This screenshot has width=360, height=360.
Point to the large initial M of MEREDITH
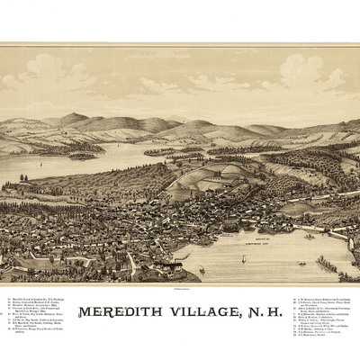[85, 313]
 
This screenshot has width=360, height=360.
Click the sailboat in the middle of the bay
[243, 258]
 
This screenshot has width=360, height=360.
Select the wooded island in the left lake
[81, 155]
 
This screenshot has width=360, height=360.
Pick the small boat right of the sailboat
[301, 263]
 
